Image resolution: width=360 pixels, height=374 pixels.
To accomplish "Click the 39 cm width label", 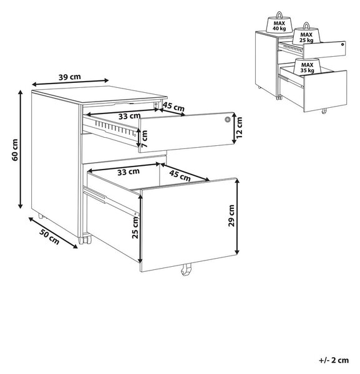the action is pyautogui.click(x=70, y=77).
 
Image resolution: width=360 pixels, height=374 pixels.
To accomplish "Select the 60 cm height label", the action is pyautogui.click(x=15, y=150).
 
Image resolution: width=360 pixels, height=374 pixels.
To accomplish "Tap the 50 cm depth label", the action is pyautogui.click(x=49, y=237).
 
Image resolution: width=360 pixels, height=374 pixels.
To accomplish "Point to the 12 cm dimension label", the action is pyautogui.click(x=239, y=127).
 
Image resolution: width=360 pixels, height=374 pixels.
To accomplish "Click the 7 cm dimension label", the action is pyautogui.click(x=144, y=139).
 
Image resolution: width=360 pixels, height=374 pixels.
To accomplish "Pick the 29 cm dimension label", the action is pyautogui.click(x=231, y=216).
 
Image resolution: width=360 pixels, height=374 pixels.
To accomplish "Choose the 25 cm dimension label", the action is pyautogui.click(x=135, y=228).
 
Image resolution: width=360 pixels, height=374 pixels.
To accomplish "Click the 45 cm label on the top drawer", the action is pyautogui.click(x=173, y=107).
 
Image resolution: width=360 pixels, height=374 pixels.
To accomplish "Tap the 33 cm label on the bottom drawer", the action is pyautogui.click(x=129, y=172).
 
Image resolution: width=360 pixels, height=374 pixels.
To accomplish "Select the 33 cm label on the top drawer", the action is pyautogui.click(x=129, y=116).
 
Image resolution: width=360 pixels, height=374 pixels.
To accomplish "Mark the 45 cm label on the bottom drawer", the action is pyautogui.click(x=180, y=176).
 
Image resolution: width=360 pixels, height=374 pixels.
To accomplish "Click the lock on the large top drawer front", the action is pyautogui.click(x=227, y=119).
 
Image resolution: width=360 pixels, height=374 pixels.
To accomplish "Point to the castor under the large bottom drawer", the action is pyautogui.click(x=186, y=270).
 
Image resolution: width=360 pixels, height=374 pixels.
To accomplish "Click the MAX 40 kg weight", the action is pyautogui.click(x=280, y=23).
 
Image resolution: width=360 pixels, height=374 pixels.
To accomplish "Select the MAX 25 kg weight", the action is pyautogui.click(x=306, y=34).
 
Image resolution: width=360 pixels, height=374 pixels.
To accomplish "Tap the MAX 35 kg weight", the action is pyautogui.click(x=307, y=66).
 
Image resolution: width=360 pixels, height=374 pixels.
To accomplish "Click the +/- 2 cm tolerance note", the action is pyautogui.click(x=334, y=360).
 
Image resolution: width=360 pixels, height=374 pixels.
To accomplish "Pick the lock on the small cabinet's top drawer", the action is pyautogui.click(x=343, y=44).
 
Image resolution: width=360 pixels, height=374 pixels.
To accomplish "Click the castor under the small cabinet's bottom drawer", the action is pyautogui.click(x=324, y=111).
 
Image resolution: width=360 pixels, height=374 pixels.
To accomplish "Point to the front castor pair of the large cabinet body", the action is pyautogui.click(x=84, y=241).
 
